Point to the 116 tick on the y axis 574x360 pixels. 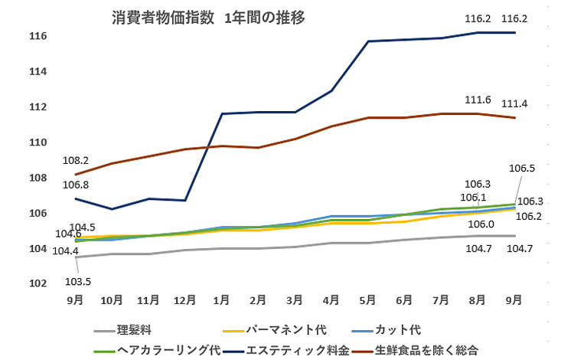(x=39, y=36)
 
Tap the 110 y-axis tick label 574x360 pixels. (x=39, y=142)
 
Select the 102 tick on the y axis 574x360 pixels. (x=39, y=284)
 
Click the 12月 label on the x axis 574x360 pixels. (x=185, y=299)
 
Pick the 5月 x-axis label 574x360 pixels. (x=368, y=299)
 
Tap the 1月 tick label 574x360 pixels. (x=222, y=299)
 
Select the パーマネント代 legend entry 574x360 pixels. (x=286, y=330)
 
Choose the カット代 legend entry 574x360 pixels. (x=398, y=330)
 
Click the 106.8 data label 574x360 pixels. (x=76, y=185)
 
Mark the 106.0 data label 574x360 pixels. (x=481, y=224)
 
